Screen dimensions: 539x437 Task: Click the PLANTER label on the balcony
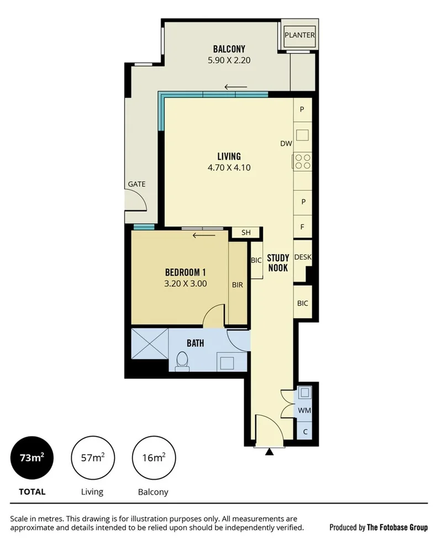click(x=299, y=35)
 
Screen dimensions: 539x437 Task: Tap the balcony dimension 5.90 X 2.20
click(x=229, y=61)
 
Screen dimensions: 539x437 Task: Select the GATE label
click(x=136, y=184)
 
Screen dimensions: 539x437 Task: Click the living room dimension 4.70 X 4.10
click(x=229, y=167)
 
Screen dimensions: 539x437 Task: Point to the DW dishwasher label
click(x=286, y=144)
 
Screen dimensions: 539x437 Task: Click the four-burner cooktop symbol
click(x=303, y=161)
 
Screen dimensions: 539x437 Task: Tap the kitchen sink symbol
click(x=302, y=135)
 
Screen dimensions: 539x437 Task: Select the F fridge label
click(x=303, y=226)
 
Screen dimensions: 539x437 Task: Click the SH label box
click(x=246, y=233)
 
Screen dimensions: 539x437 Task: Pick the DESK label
click(x=303, y=257)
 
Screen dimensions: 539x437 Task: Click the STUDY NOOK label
click(x=278, y=262)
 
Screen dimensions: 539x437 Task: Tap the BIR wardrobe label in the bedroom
click(x=238, y=284)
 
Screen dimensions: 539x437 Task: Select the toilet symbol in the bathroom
click(x=182, y=361)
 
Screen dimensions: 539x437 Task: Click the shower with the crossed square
click(x=149, y=343)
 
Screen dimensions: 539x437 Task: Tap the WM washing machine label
click(x=304, y=411)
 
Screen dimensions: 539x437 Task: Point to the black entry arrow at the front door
click(x=269, y=452)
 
